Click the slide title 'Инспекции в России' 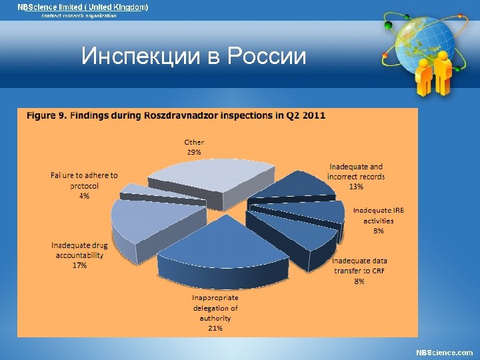pyautogui.click(x=193, y=56)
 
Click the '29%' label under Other pyautogui.click(x=194, y=152)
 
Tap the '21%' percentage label pyautogui.click(x=215, y=327)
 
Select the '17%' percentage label pyautogui.click(x=79, y=265)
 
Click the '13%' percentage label pyautogui.click(x=356, y=187)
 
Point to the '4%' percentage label pyautogui.click(x=84, y=196)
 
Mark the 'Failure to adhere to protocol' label pyautogui.click(x=84, y=181)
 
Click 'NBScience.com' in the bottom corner pyautogui.click(x=444, y=352)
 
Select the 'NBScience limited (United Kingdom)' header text pyautogui.click(x=83, y=7)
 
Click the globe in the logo pyautogui.click(x=419, y=40)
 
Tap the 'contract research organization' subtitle pyautogui.click(x=79, y=15)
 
